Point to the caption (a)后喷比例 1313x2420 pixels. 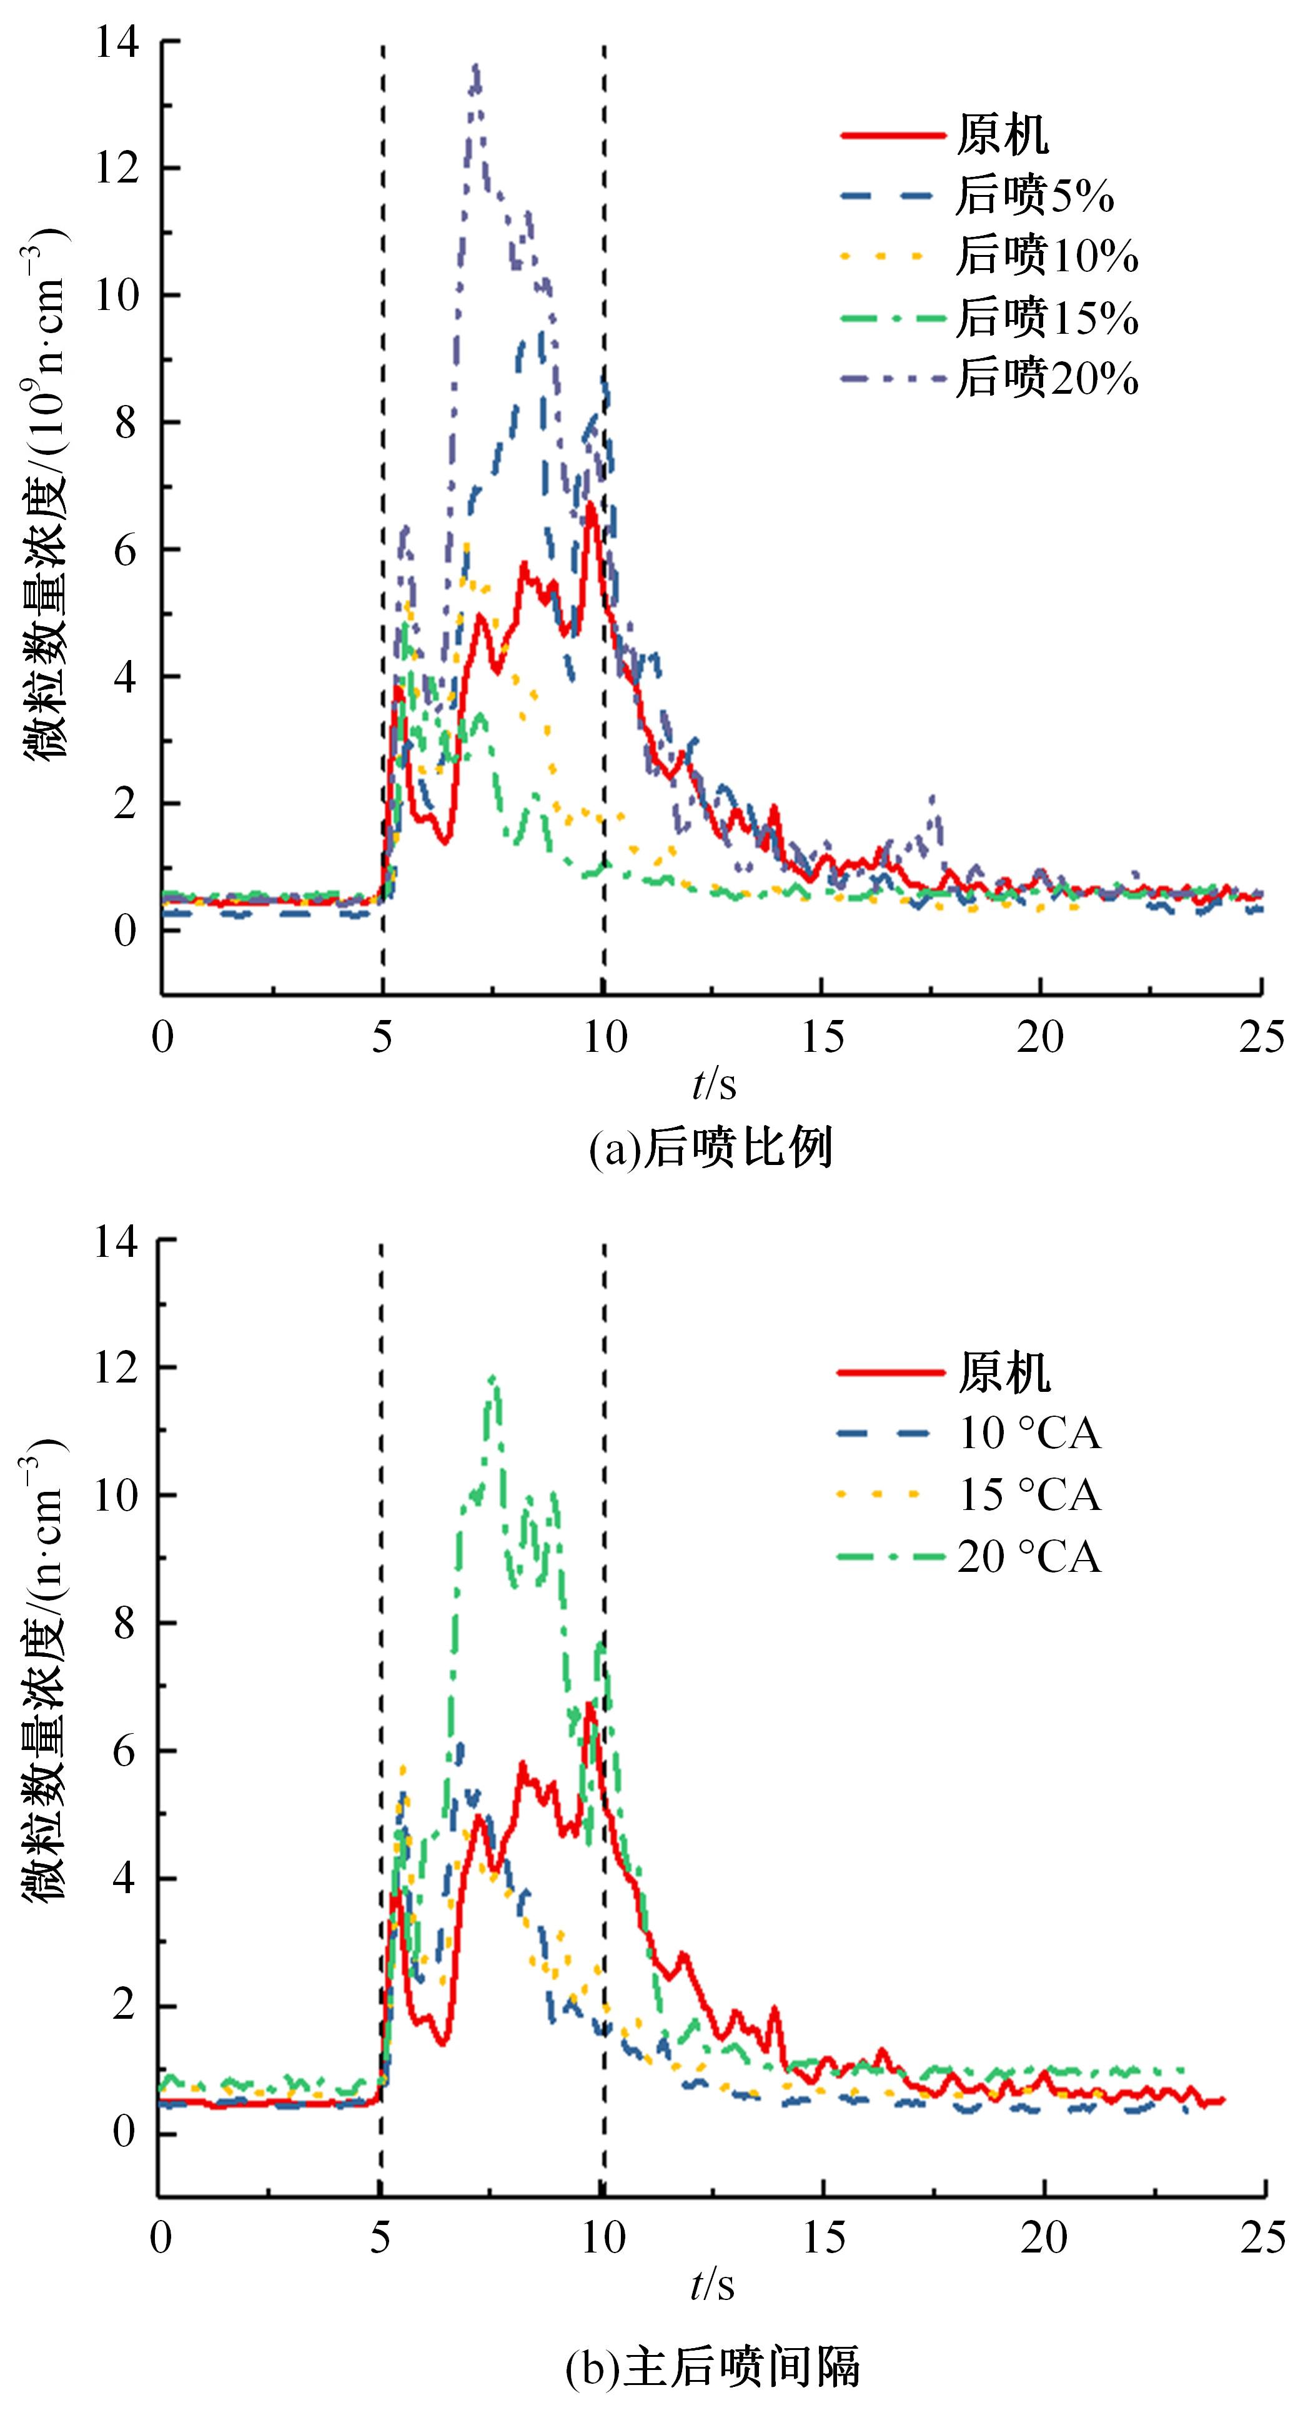711,1148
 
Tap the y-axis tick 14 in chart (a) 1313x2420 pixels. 116,43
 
